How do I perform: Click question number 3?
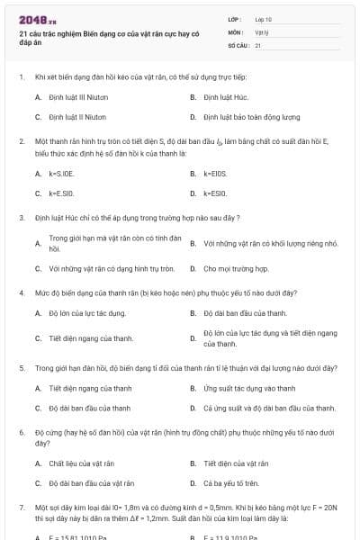coord(21,218)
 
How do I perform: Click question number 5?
coord(21,368)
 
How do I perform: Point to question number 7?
coord(21,508)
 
